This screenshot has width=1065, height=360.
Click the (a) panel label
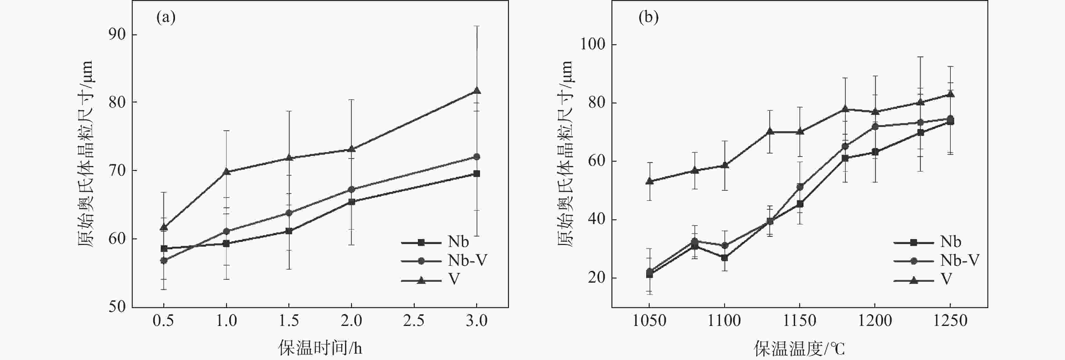(x=166, y=18)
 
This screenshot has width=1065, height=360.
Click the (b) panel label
(x=648, y=18)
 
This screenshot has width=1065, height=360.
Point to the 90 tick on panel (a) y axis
(x=117, y=35)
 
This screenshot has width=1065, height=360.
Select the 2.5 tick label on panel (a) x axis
(x=414, y=321)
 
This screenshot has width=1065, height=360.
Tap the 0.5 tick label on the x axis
(x=163, y=321)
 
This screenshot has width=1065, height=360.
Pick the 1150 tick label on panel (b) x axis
(x=800, y=321)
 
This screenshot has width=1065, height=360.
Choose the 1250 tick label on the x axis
(x=950, y=321)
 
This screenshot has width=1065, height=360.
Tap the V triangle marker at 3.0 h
(x=477, y=90)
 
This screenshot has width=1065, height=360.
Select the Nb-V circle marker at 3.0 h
(x=477, y=157)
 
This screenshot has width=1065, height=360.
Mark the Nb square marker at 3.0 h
(x=477, y=173)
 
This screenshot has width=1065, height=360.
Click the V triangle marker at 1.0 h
(x=226, y=172)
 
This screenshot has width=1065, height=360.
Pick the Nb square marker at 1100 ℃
(x=724, y=258)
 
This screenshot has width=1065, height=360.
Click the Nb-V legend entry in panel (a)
(x=444, y=261)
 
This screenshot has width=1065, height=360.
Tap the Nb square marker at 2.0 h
(x=351, y=202)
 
